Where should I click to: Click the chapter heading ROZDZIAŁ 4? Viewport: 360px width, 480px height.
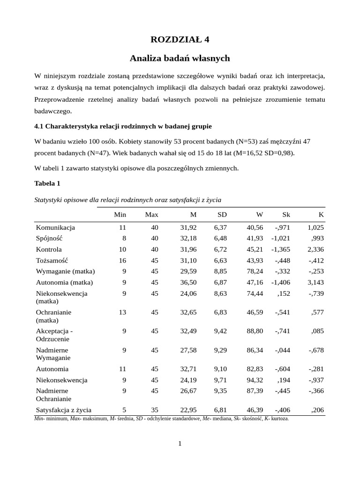180,39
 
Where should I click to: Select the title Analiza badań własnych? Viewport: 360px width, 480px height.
180,59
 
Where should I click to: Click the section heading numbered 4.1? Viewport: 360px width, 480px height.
123,126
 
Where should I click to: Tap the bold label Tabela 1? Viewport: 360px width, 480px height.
47,183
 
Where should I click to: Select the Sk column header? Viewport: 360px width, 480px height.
286,215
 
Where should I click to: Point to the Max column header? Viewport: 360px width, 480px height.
151,215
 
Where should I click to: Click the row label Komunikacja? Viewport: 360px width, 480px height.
55,227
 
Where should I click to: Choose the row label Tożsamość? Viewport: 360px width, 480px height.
52,261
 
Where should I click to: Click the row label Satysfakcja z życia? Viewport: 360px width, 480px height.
64,410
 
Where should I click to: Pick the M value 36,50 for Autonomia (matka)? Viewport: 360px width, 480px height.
188,283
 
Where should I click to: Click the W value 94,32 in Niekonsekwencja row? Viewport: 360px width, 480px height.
255,380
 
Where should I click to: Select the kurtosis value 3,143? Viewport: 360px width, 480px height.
315,283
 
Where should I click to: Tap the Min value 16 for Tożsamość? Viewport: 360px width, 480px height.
122,261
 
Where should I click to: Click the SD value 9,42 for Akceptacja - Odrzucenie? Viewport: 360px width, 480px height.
220,331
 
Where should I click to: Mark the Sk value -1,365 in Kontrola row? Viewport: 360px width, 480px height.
281,249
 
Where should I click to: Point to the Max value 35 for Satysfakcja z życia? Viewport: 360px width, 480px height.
154,410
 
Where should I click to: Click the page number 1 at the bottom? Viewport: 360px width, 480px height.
180,444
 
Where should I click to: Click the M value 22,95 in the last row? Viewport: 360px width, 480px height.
188,410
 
